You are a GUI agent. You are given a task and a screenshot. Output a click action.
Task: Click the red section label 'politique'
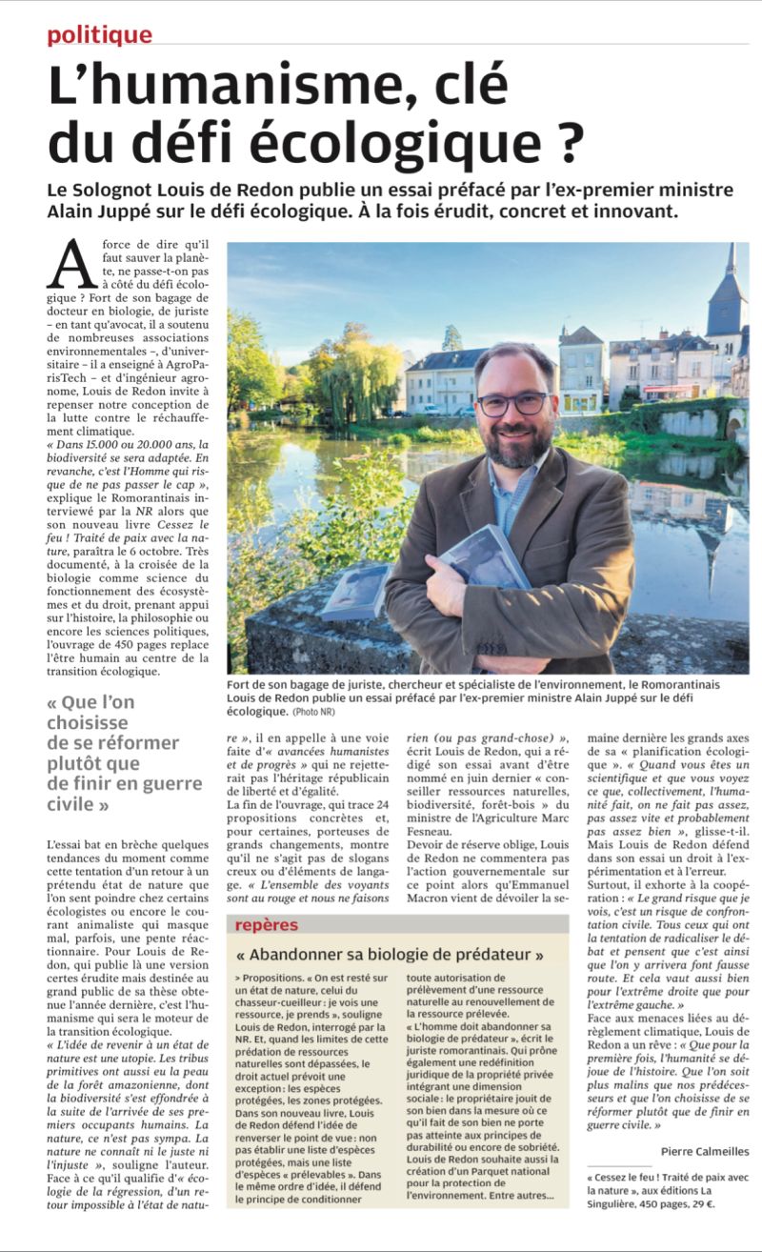[99, 35]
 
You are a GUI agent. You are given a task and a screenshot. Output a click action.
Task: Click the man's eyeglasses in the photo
[511, 403]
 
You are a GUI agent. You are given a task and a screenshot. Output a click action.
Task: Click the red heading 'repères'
[267, 924]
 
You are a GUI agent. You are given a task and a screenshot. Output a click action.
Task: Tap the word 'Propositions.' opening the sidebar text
[272, 979]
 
